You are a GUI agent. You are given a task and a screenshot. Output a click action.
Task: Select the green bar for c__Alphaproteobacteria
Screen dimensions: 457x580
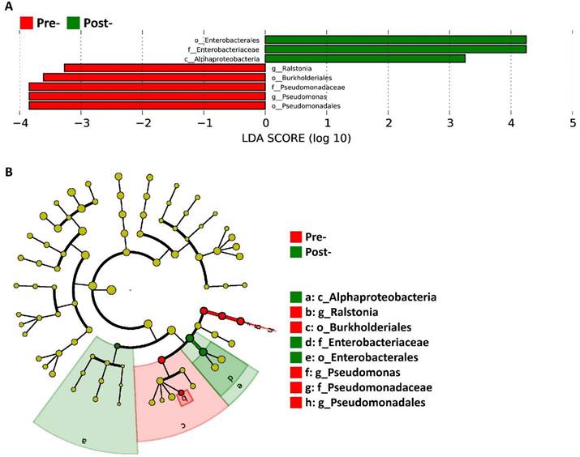[365, 58]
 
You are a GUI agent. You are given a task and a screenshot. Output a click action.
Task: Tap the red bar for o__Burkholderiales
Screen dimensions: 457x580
[154, 78]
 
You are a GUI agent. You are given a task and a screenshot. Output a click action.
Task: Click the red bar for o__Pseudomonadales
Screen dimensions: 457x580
[147, 105]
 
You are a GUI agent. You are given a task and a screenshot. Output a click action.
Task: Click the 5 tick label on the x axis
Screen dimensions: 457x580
[573, 123]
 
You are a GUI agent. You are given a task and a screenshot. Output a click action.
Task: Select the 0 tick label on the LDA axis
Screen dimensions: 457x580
[265, 123]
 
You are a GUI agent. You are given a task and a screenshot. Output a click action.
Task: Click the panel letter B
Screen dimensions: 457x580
[8, 173]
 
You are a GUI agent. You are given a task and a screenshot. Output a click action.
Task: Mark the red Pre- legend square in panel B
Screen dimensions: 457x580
[296, 237]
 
